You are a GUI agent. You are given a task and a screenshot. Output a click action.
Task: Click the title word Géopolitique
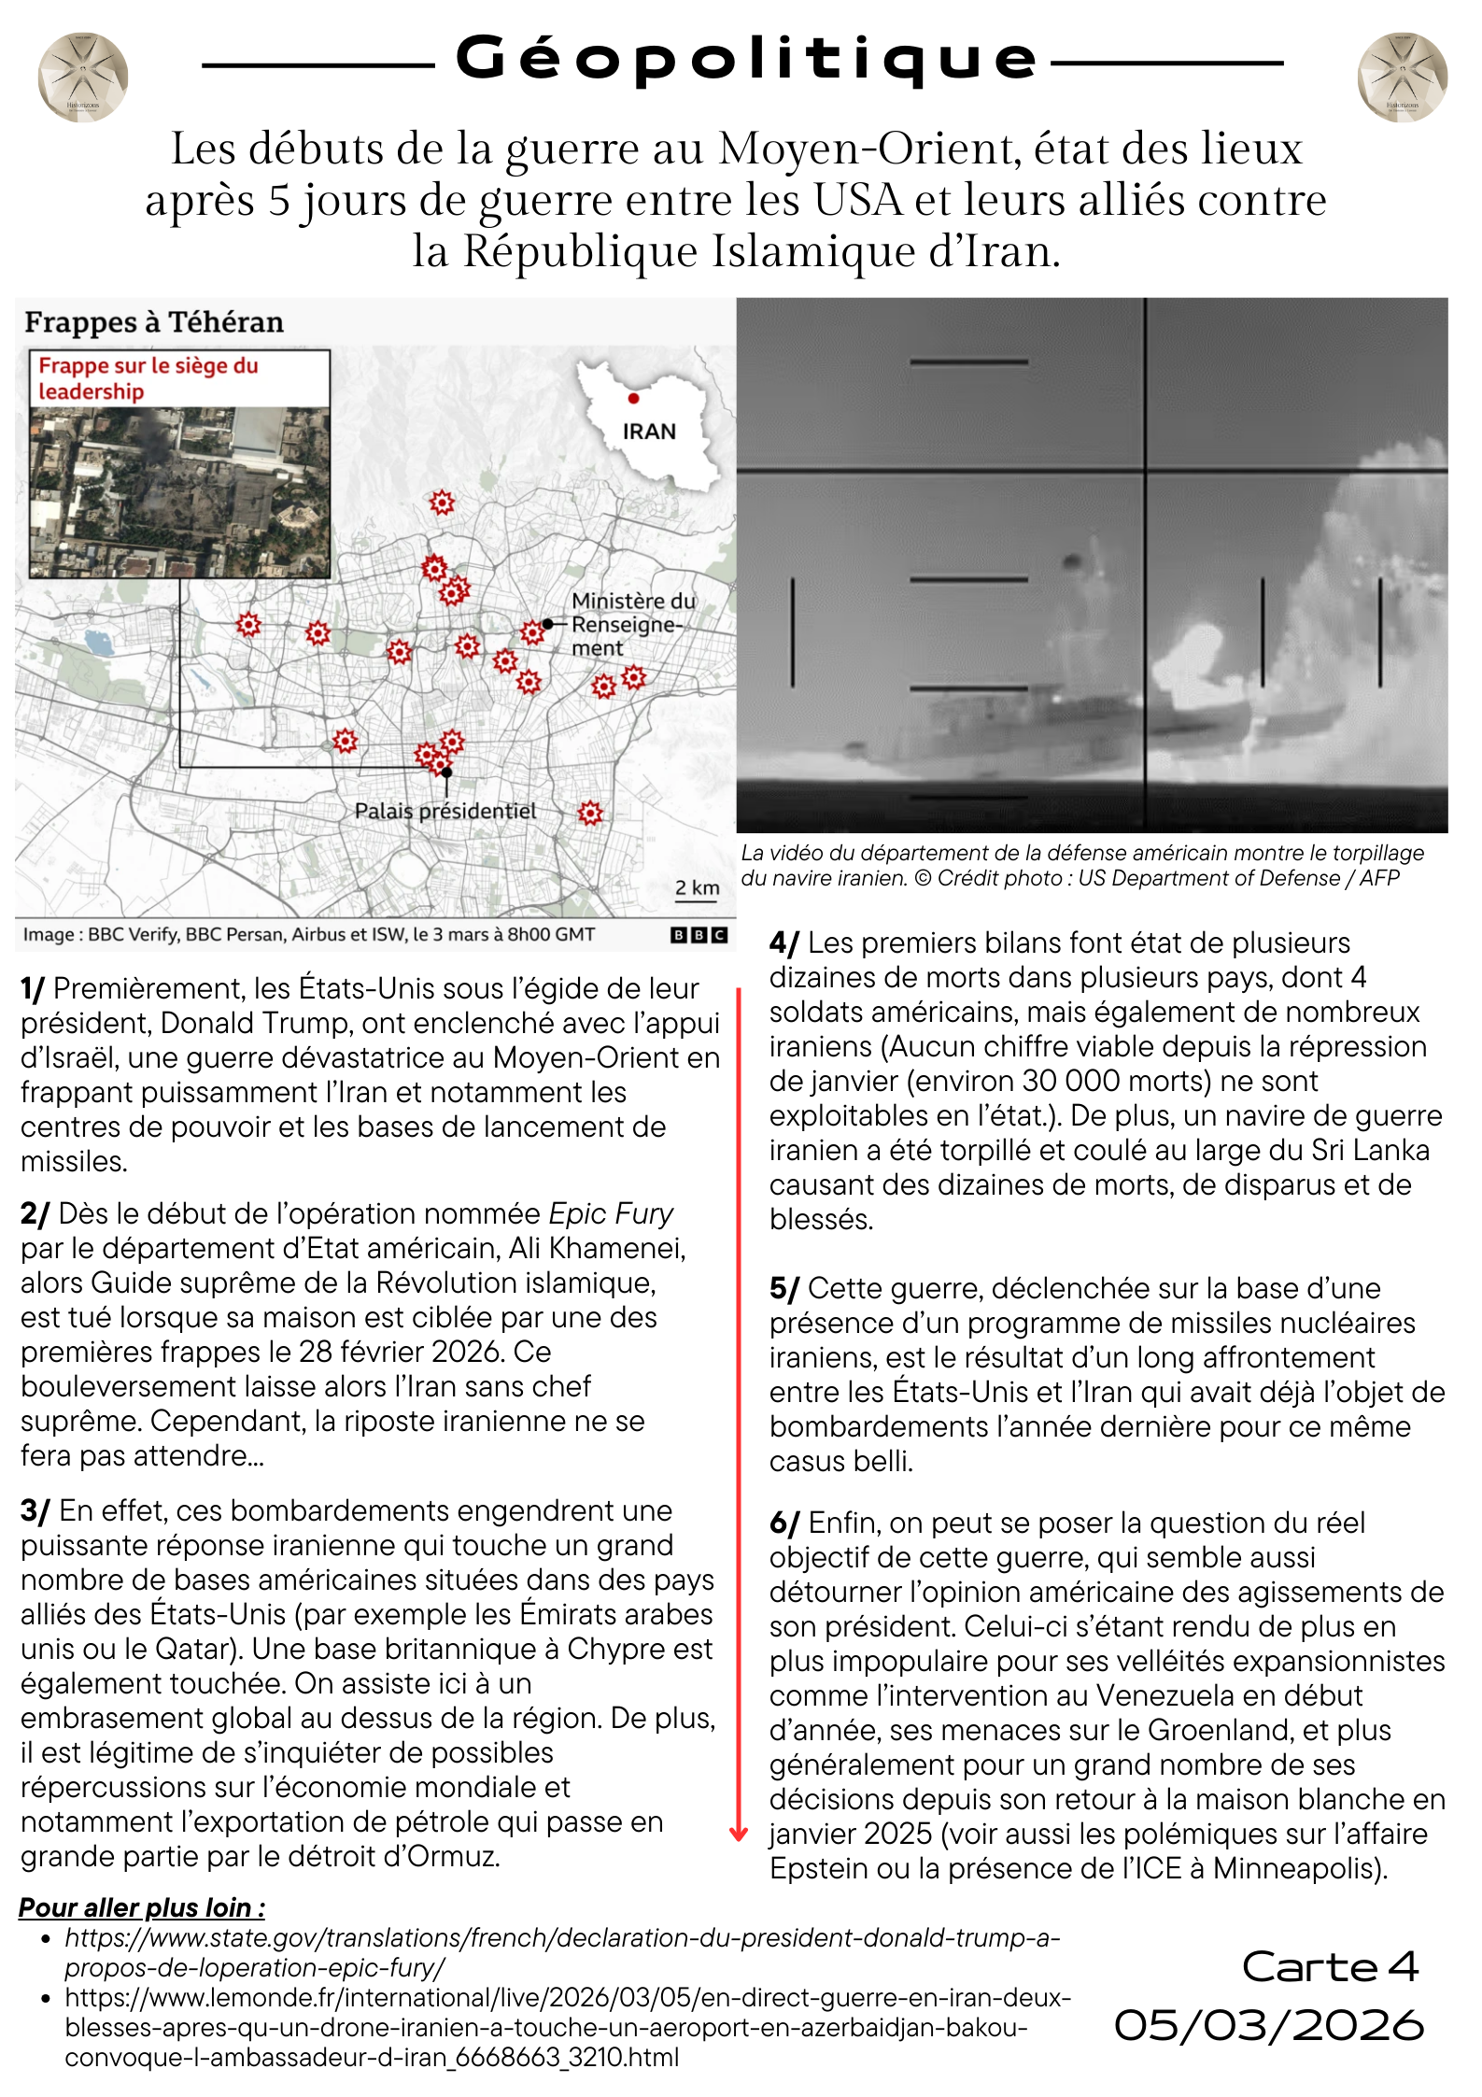[x=745, y=58]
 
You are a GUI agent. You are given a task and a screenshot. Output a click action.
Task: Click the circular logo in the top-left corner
[x=83, y=78]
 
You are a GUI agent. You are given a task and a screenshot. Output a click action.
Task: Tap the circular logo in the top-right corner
[x=1402, y=78]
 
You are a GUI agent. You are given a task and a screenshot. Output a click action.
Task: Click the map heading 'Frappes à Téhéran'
[x=154, y=322]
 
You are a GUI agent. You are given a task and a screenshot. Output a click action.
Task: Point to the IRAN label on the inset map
[x=649, y=432]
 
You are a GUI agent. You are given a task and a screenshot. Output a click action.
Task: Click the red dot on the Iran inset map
[x=634, y=399]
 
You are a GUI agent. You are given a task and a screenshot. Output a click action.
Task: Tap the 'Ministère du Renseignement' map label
[x=632, y=624]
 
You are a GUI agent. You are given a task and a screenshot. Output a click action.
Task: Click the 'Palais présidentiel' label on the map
[x=445, y=811]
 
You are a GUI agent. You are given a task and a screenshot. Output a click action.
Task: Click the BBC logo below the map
[x=699, y=935]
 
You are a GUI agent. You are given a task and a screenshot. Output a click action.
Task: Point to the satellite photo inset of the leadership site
[x=180, y=491]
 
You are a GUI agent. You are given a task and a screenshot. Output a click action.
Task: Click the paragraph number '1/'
[x=33, y=988]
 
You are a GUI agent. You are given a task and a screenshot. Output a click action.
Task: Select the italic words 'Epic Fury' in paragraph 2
[x=611, y=1213]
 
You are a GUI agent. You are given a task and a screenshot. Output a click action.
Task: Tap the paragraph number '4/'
[x=783, y=942]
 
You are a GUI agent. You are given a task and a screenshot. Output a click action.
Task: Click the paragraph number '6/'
[x=783, y=1523]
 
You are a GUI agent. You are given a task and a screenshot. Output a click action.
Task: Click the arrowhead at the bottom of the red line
[x=739, y=1835]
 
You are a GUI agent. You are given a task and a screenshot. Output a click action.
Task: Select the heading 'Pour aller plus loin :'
[x=142, y=1907]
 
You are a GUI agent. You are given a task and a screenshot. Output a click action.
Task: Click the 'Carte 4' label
[x=1330, y=1966]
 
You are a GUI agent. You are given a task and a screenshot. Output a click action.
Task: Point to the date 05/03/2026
[x=1269, y=2025]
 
